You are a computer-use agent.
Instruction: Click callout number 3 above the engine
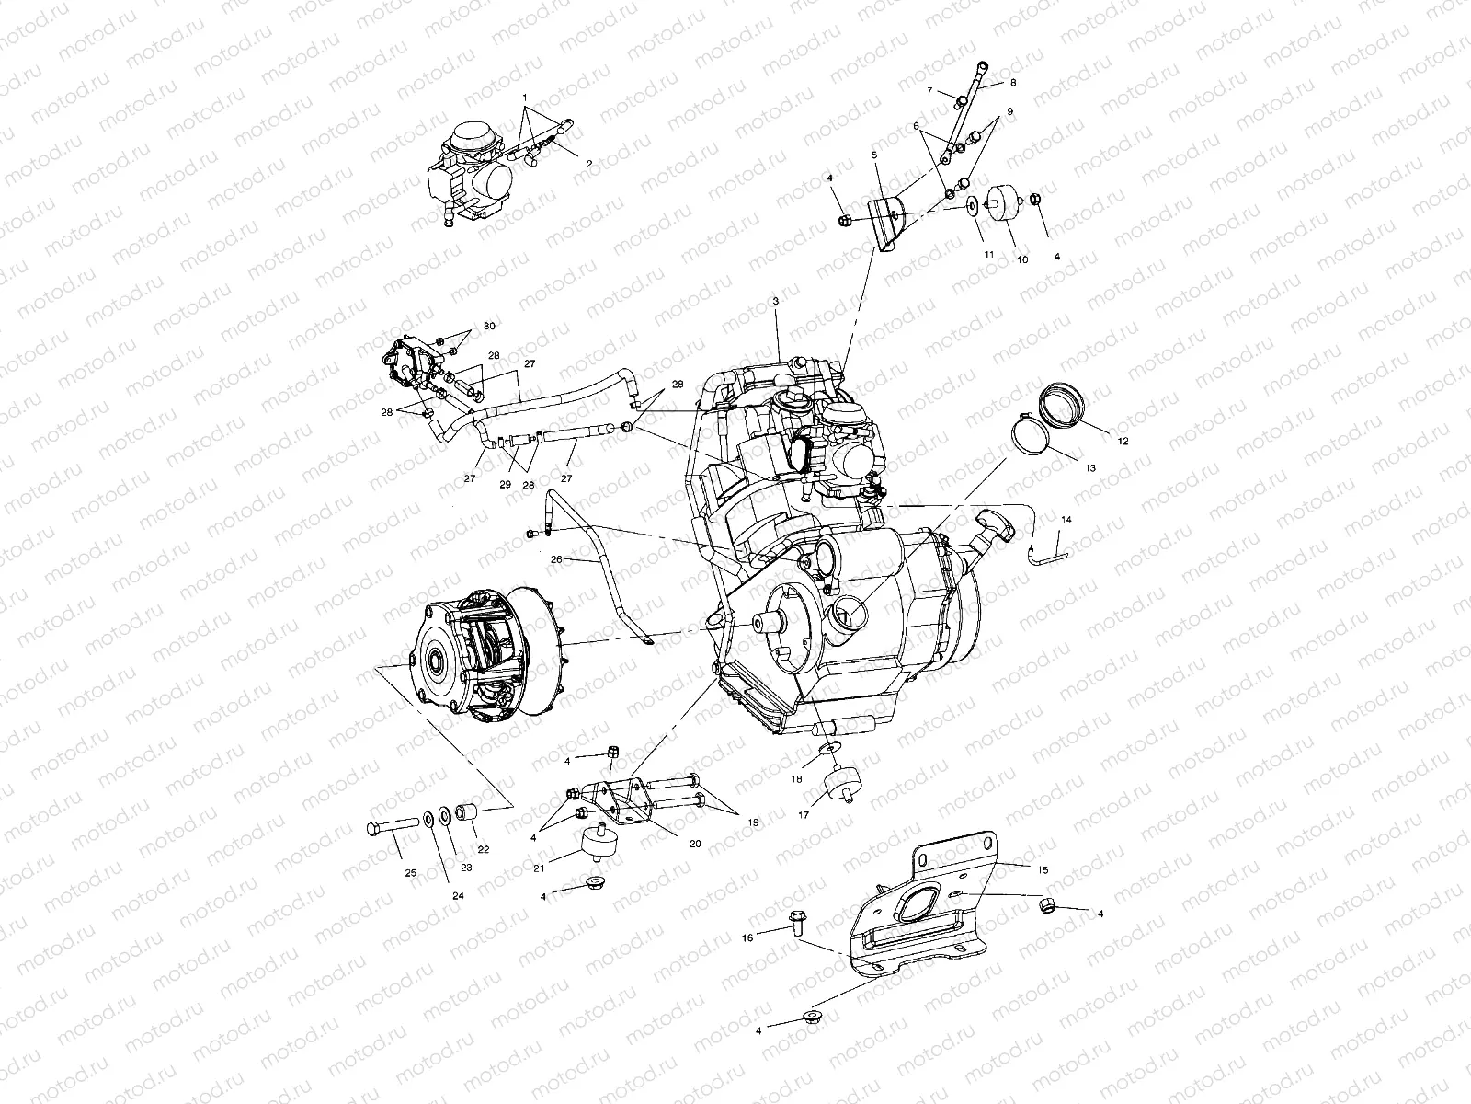(x=775, y=301)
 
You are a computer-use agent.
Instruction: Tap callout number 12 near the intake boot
(x=1123, y=441)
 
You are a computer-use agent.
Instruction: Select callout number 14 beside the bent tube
(x=1066, y=520)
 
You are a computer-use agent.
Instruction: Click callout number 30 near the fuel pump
(x=488, y=327)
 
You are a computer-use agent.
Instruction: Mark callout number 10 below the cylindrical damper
(x=1021, y=260)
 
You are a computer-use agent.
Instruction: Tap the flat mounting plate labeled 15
(x=929, y=920)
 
